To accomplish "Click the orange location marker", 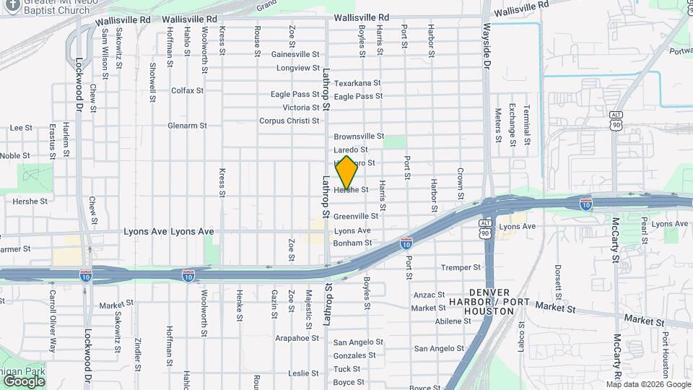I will click(346, 173).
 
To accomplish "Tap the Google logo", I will click(24, 381).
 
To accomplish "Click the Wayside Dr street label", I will click(487, 44).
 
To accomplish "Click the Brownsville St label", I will click(359, 136).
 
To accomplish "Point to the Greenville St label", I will click(356, 216).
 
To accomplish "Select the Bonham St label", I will click(353, 243).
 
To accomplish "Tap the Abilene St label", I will click(453, 321).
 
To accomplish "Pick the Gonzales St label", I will click(354, 355).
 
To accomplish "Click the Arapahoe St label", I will click(297, 337).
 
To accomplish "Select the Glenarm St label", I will click(187, 125).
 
